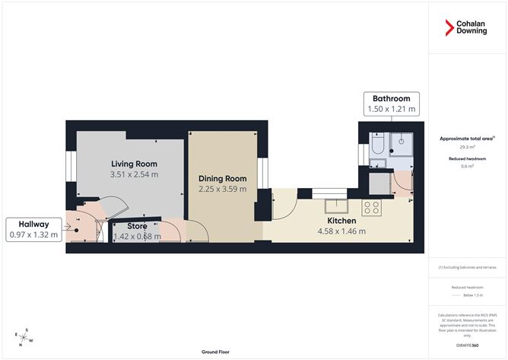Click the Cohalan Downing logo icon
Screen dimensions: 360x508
[x=449, y=29]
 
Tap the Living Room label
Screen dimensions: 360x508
[x=134, y=164]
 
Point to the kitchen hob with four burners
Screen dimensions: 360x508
[x=371, y=205]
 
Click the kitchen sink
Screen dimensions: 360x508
[x=336, y=205]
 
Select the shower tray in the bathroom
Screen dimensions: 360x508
[x=400, y=143]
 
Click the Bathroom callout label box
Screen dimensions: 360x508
[x=391, y=104]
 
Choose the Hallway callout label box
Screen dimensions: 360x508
[x=30, y=230]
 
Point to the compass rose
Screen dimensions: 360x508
[x=25, y=336]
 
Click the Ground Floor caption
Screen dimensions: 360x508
[x=217, y=352]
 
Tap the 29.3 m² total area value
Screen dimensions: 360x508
[x=467, y=148]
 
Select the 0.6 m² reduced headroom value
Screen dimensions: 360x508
[x=467, y=166]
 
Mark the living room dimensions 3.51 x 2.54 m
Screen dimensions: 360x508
[x=134, y=174]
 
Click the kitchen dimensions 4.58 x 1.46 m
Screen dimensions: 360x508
[x=341, y=231]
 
